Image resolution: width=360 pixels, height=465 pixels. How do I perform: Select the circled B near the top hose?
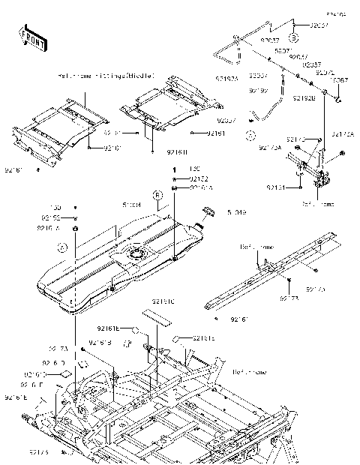click(294, 36)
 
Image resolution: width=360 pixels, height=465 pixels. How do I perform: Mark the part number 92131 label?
click(275, 186)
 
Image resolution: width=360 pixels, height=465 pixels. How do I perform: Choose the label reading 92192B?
click(302, 97)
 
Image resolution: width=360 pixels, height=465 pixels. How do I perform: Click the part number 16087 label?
click(339, 79)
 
